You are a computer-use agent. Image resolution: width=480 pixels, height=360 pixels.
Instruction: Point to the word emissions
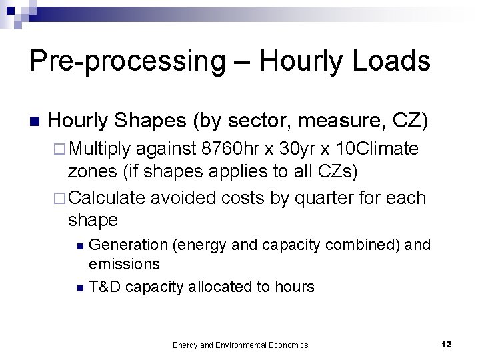click(125, 263)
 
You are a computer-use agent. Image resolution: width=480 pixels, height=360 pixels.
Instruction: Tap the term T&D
click(105, 287)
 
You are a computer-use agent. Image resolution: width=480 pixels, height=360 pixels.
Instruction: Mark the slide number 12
click(447, 344)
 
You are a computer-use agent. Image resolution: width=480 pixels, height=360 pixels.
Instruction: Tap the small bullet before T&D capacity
click(80, 288)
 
